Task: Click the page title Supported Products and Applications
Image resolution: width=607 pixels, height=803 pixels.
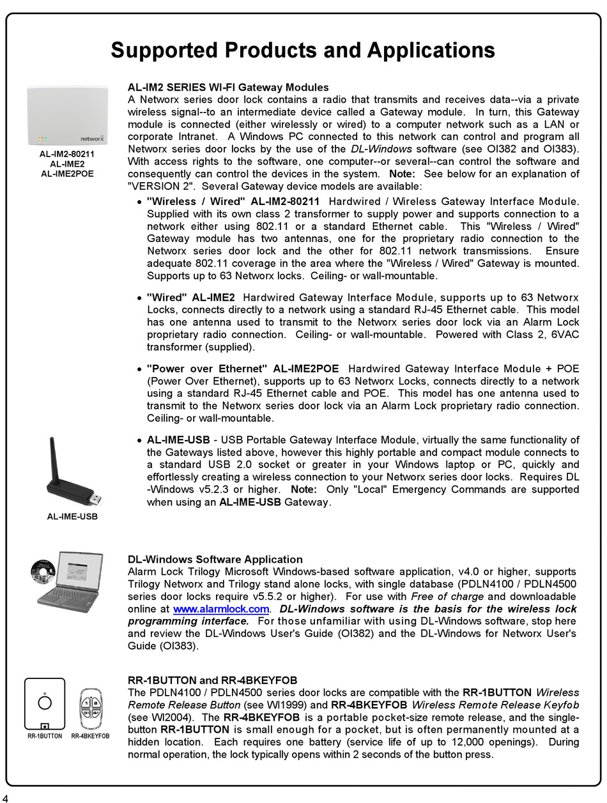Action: [303, 50]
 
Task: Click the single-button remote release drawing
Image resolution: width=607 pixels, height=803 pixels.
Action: [45, 703]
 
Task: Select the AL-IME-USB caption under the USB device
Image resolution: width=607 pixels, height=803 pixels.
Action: [72, 516]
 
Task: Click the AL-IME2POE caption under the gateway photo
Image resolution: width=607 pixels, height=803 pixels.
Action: [67, 173]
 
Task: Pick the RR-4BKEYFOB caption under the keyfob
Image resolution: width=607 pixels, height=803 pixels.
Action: [90, 736]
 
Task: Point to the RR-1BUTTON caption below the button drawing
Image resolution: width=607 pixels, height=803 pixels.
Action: [45, 736]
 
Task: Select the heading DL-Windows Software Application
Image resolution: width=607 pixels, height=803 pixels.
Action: [215, 560]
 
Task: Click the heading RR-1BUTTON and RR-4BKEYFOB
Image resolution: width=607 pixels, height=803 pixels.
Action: [212, 680]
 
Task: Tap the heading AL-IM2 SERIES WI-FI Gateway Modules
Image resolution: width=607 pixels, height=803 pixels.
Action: [228, 88]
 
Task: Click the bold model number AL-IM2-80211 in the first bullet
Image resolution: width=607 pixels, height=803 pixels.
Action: [285, 202]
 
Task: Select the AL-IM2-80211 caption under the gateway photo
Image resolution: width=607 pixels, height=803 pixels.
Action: [67, 154]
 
